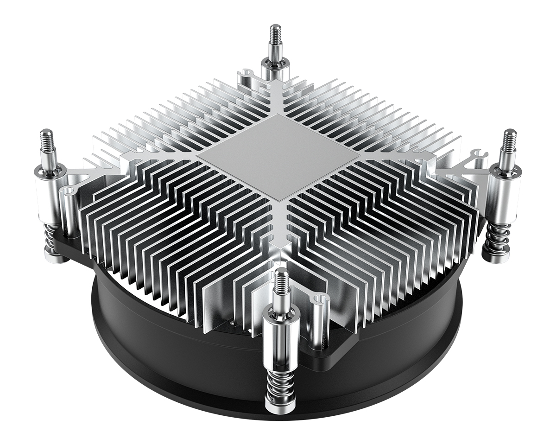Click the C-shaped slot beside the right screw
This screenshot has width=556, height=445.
pyautogui.click(x=477, y=155)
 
